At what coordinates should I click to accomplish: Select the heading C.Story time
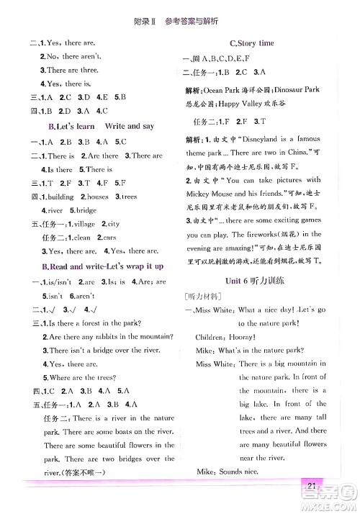click(x=251, y=43)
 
